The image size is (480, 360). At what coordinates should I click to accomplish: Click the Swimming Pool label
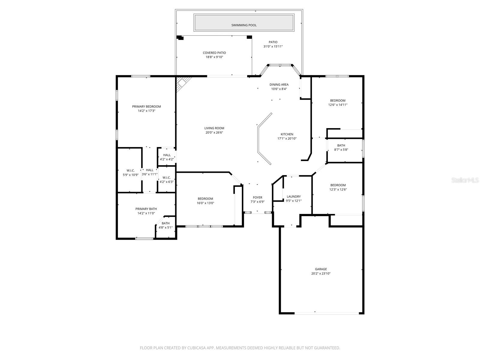244,25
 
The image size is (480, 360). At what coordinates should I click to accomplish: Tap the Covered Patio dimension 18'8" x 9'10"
214,57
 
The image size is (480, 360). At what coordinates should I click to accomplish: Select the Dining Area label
279,85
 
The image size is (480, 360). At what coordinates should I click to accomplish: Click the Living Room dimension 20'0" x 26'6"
214,133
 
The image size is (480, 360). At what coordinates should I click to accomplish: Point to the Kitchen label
287,134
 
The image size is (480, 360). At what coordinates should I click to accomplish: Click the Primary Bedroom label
146,106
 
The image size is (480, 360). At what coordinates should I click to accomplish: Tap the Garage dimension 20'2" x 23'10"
321,274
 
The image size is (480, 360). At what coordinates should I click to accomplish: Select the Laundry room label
293,196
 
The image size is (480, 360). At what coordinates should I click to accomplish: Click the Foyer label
257,197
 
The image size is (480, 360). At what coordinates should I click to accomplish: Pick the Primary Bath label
146,209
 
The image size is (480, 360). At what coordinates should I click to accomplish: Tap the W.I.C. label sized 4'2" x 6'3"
166,177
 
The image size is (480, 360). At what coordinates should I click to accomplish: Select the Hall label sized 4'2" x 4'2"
167,155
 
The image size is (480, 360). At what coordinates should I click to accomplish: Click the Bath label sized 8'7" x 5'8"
341,145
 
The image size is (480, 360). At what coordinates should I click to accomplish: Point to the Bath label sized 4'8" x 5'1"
166,223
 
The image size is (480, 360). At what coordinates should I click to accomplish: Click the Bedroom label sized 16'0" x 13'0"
205,199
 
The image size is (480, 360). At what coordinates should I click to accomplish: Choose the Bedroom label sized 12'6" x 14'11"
338,100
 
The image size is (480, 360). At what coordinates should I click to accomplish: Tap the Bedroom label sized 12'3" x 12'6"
338,185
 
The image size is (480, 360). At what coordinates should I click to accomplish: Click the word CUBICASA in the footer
196,348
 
